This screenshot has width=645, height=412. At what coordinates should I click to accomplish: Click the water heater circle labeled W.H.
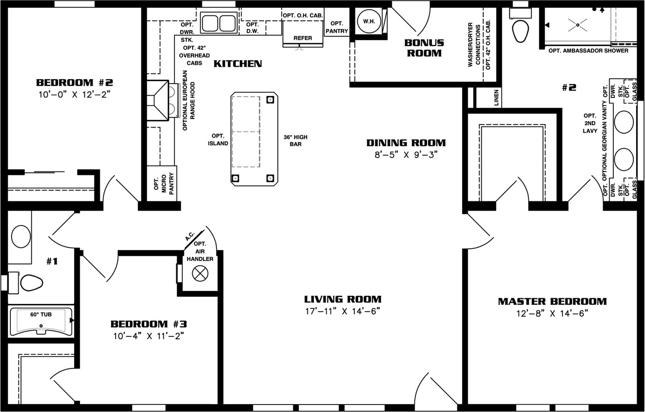pos(369,21)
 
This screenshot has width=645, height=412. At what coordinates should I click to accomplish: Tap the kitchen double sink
pos(219,23)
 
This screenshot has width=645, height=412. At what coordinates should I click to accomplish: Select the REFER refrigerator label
pos(303,38)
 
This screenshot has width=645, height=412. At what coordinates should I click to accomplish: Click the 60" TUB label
pos(41,315)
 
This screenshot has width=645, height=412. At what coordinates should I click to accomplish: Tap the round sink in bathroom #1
pos(21,236)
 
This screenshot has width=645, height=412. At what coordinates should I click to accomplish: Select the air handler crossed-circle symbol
pos(200,273)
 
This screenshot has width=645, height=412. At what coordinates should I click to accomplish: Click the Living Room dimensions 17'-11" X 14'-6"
pos(343,311)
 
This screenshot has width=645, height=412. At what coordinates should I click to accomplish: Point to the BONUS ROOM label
pos(424,48)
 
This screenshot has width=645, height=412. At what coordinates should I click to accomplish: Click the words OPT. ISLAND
pos(218,139)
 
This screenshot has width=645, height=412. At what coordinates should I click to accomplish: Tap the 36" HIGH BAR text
pos(295,141)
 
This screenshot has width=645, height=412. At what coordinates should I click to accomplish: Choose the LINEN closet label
pos(496,97)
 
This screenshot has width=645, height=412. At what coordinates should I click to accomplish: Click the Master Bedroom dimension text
pos(552,313)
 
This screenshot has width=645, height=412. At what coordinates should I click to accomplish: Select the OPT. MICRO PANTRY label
pos(164,184)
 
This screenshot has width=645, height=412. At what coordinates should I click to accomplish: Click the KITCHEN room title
pos(238,63)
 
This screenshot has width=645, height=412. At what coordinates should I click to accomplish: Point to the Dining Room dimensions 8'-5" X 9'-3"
pos(406,155)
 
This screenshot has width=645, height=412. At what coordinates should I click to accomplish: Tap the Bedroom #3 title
pos(149,324)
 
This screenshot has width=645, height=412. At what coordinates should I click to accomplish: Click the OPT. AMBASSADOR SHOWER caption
pos(588,51)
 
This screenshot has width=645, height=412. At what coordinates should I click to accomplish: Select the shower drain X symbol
pos(578,25)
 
